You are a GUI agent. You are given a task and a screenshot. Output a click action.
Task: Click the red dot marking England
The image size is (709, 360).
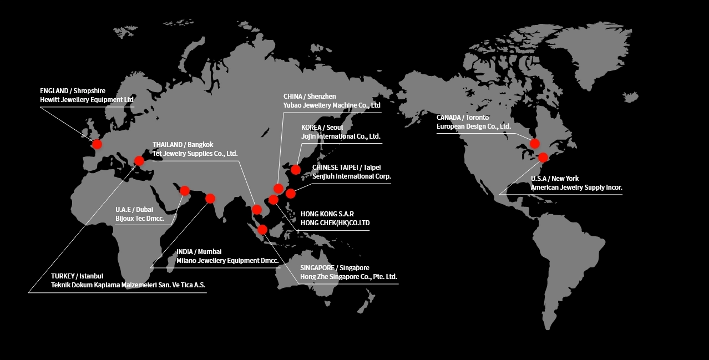[x=97, y=144]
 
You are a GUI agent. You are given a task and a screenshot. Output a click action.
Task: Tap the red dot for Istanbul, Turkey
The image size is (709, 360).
[x=139, y=161]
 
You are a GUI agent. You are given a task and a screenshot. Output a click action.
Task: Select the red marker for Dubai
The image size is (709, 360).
[x=185, y=190]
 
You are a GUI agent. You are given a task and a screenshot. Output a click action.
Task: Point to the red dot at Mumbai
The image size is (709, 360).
[x=210, y=198]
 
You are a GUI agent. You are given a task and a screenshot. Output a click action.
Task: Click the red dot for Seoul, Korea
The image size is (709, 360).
[x=296, y=169]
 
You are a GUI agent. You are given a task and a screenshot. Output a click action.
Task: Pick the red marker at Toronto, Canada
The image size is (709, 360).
[x=535, y=144]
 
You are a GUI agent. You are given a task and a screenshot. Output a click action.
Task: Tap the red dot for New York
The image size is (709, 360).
[x=543, y=157]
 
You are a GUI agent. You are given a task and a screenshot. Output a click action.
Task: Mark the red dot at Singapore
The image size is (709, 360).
[x=263, y=229]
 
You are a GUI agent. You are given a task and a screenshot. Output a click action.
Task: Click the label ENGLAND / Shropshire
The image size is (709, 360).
[x=73, y=90]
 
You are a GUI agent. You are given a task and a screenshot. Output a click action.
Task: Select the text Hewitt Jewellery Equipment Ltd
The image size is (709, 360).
[x=87, y=100]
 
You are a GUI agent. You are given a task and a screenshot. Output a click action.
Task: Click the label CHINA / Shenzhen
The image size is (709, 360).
[x=310, y=97]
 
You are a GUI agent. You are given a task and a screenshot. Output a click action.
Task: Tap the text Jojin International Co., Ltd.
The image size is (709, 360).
[x=341, y=136]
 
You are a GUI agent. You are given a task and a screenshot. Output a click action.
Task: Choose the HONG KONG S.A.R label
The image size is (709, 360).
[x=327, y=214]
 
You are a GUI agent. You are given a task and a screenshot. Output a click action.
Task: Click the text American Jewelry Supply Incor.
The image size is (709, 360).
[x=576, y=187]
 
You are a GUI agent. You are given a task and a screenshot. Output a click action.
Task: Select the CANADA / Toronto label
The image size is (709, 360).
[x=463, y=118]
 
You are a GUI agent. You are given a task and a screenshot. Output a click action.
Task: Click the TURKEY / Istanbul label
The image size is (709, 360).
[x=77, y=276]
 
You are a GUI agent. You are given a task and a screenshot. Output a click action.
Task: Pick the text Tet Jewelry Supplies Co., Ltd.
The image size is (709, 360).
[x=195, y=154]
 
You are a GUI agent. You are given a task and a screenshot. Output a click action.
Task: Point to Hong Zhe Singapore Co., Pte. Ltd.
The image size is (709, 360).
[x=348, y=277]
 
